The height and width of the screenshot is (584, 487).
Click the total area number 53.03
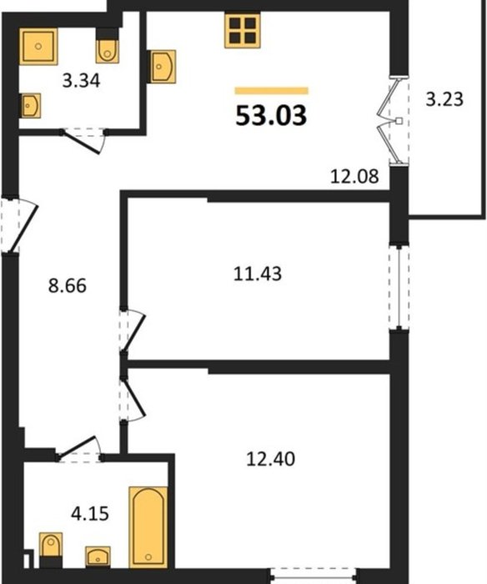click(271, 115)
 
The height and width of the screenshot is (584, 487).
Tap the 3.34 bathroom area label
click(81, 81)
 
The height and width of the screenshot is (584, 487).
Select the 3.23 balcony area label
click(444, 99)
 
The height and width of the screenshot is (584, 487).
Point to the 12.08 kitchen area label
click(354, 176)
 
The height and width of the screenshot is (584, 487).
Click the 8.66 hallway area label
click(68, 286)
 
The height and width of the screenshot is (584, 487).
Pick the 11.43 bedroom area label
click(258, 274)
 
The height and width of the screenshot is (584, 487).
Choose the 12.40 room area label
click(271, 459)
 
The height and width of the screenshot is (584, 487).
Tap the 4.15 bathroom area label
click(90, 514)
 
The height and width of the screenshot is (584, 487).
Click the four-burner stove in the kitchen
click(243, 31)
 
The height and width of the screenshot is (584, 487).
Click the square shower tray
click(38, 47)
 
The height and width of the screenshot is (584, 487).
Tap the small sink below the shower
click(30, 105)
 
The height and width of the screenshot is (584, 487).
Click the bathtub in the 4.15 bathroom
click(148, 527)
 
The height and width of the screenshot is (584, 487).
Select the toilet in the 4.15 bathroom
click(51, 550)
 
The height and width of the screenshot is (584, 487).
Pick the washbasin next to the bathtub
click(98, 557)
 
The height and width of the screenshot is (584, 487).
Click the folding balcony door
click(394, 120)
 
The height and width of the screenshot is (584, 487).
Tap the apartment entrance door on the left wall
click(18, 224)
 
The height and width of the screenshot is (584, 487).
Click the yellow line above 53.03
click(272, 90)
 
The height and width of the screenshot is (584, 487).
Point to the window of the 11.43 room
click(399, 287)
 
